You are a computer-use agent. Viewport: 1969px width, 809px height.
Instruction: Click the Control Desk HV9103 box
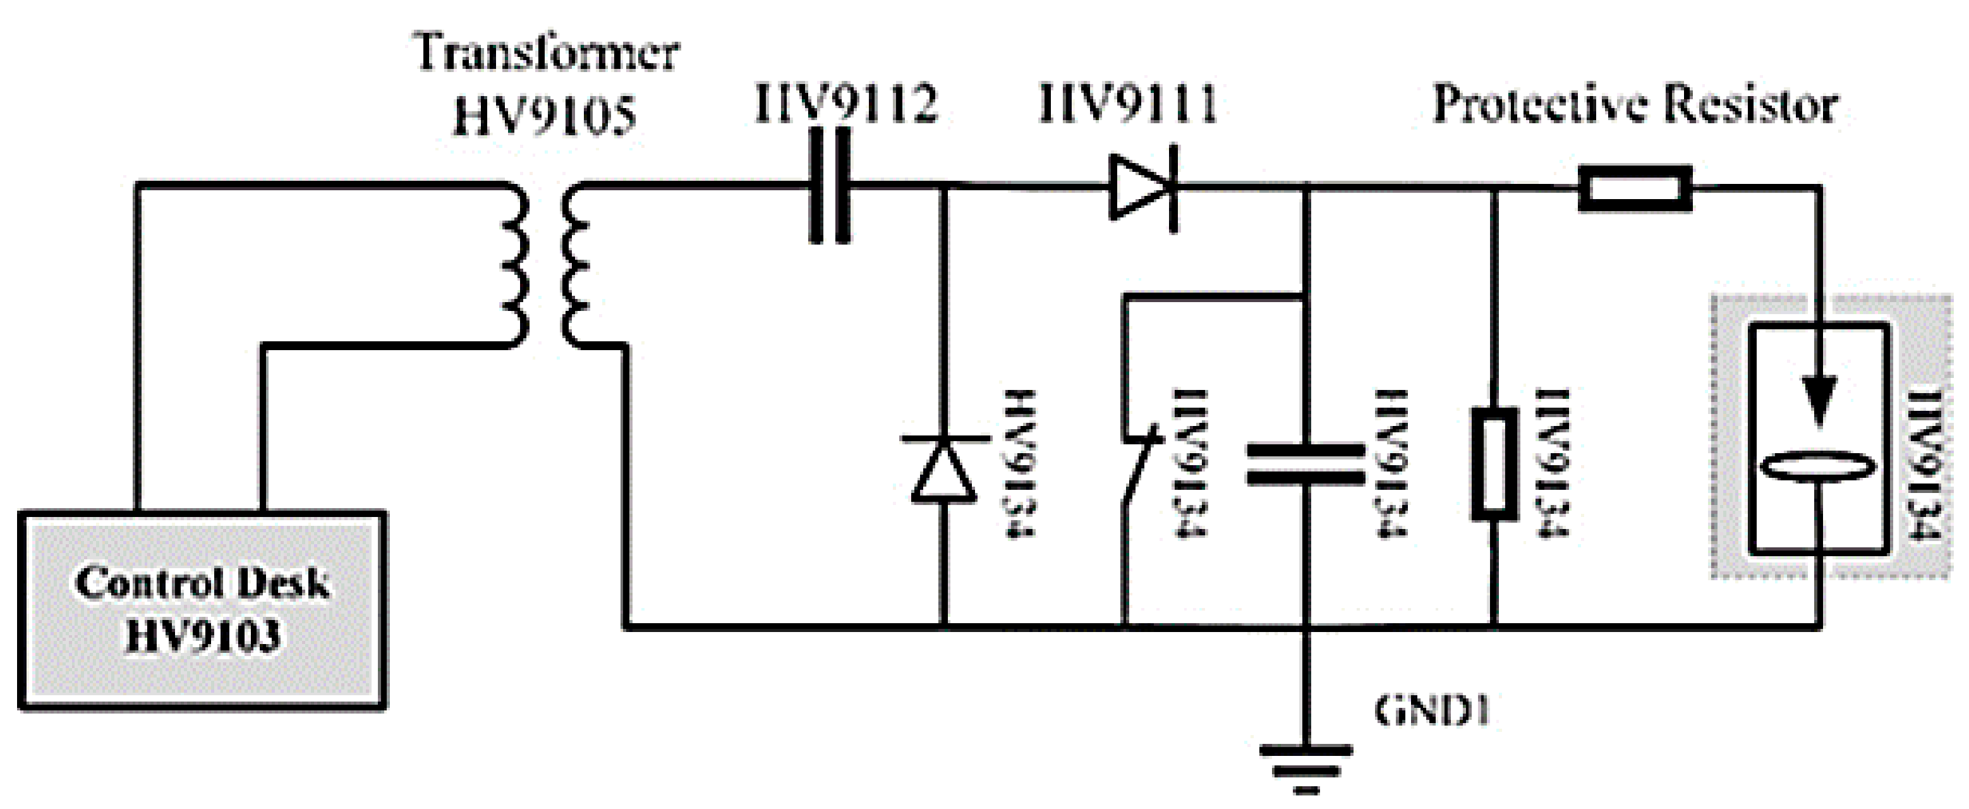click(x=202, y=610)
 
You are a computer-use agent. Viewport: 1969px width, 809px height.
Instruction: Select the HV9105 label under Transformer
click(x=544, y=116)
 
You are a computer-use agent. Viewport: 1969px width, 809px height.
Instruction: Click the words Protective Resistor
click(x=1634, y=104)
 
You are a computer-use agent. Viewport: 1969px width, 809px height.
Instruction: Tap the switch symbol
click(x=1141, y=471)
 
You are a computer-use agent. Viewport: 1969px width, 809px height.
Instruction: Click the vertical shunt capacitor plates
click(x=1306, y=465)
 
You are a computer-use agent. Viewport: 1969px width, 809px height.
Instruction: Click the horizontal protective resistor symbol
click(x=1635, y=187)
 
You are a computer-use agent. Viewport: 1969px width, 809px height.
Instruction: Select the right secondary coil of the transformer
click(x=576, y=267)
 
